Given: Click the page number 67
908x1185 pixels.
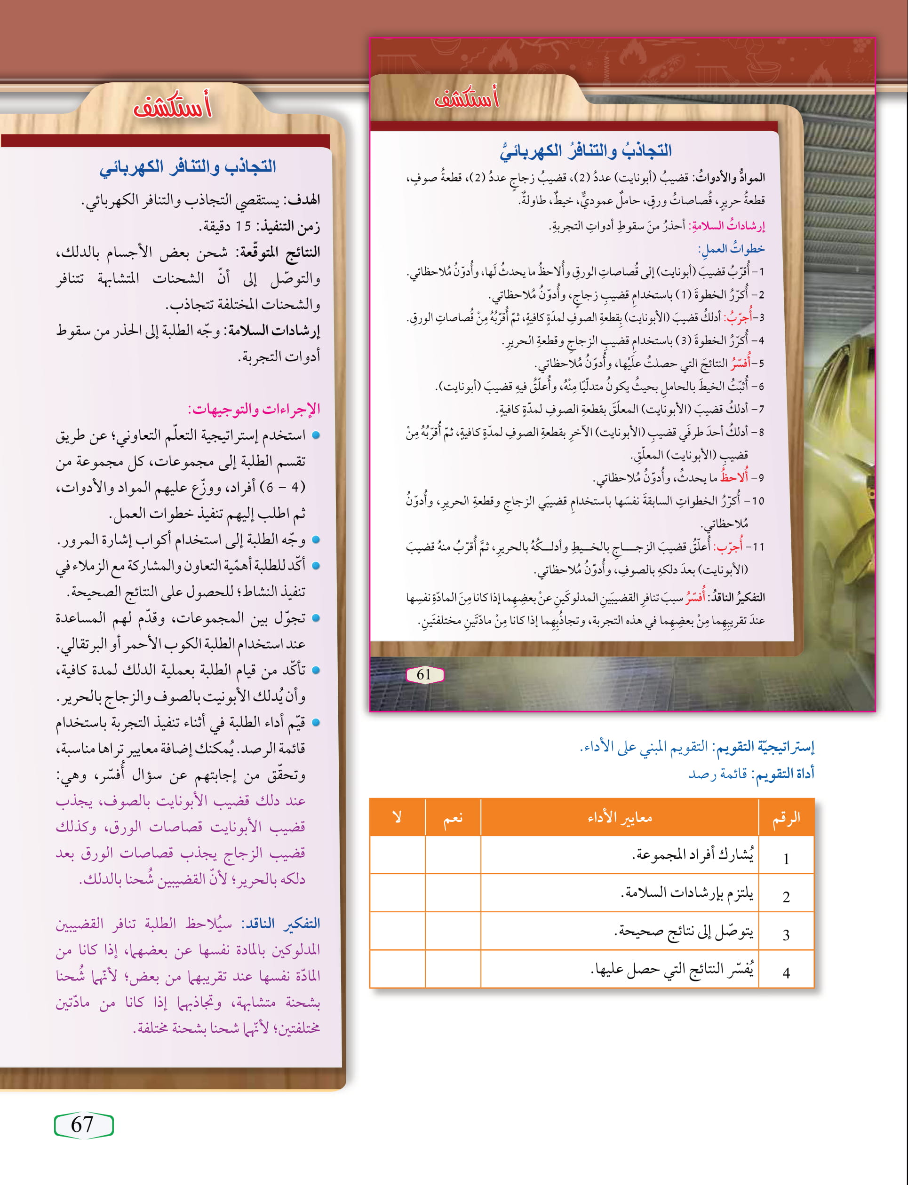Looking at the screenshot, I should coord(82,1124).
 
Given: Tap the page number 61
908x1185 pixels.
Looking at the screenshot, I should coord(424,674).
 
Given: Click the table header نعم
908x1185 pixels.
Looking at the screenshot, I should coord(453,818).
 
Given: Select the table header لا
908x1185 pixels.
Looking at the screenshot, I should coord(397,818).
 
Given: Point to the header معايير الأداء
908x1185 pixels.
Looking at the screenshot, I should coord(620,818).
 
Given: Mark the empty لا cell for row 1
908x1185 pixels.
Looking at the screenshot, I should coord(397,855).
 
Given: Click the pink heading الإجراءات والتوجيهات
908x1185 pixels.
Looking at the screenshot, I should coord(254,409).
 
